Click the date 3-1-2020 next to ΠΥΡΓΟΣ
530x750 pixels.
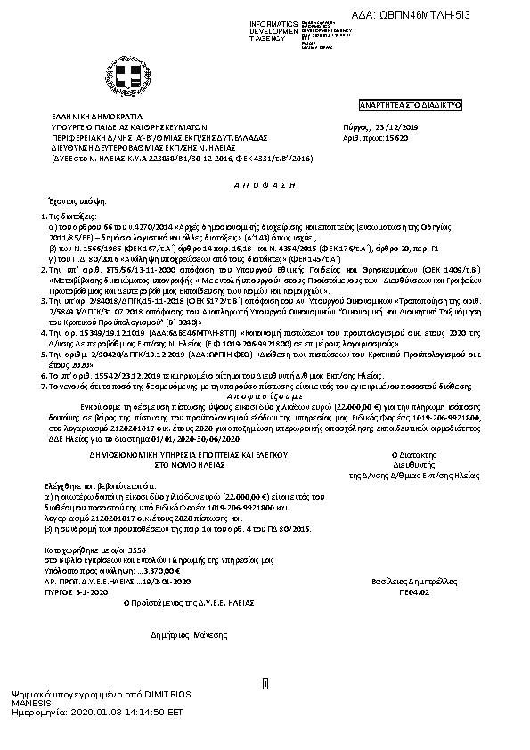point(93,566)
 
